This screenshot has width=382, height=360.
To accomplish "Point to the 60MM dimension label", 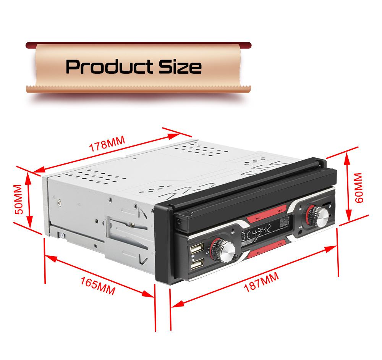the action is click(x=358, y=187).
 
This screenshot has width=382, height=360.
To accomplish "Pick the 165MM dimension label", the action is click(x=98, y=285).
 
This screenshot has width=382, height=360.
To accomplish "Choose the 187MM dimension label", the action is click(x=262, y=282).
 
